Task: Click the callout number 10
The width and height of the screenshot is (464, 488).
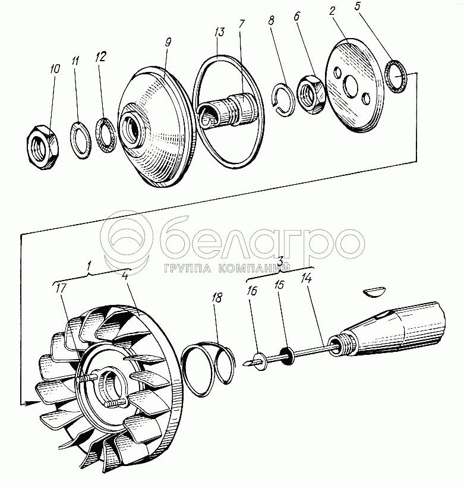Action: [55, 69]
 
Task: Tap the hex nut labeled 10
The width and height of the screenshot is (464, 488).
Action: [43, 147]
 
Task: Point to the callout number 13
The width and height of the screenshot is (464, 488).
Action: [220, 32]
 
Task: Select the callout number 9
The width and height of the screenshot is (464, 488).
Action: [168, 42]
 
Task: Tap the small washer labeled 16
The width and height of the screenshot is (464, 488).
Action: [260, 361]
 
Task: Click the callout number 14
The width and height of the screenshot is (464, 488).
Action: [307, 279]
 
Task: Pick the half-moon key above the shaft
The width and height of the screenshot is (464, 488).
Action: [375, 292]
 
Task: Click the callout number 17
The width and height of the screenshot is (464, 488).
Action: [61, 288]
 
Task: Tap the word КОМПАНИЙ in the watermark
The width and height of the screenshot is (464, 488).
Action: [254, 268]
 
